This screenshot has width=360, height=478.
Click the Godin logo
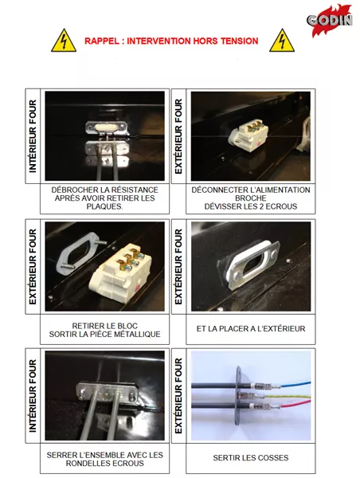(x=330, y=20)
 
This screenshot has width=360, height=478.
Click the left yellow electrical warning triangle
(x=64, y=41)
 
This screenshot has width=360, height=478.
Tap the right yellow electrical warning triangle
(x=282, y=41)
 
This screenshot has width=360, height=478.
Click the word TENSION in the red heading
(x=240, y=41)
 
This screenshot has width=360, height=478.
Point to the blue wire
(x=295, y=385)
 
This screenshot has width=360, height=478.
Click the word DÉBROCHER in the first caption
(x=71, y=190)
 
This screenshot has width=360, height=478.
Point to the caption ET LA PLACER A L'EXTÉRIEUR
(x=251, y=329)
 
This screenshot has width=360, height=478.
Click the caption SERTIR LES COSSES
(x=251, y=458)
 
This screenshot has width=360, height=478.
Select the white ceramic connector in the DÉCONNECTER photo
(x=248, y=135)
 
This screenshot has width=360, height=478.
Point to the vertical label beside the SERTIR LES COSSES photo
(x=178, y=396)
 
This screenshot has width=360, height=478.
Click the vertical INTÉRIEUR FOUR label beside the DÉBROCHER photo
(x=33, y=136)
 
